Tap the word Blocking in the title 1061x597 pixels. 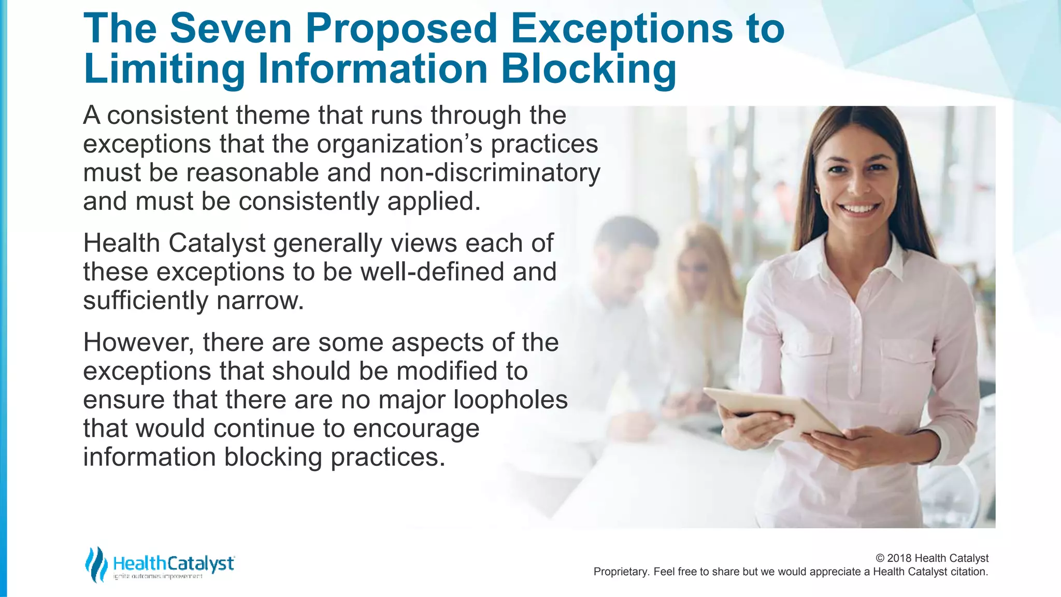point(589,69)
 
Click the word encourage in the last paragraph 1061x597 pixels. point(416,429)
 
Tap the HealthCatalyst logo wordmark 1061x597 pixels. point(174,563)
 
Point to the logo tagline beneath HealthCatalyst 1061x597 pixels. point(157,576)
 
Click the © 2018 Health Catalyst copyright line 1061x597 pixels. point(931,558)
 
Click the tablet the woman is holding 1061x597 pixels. point(772,409)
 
